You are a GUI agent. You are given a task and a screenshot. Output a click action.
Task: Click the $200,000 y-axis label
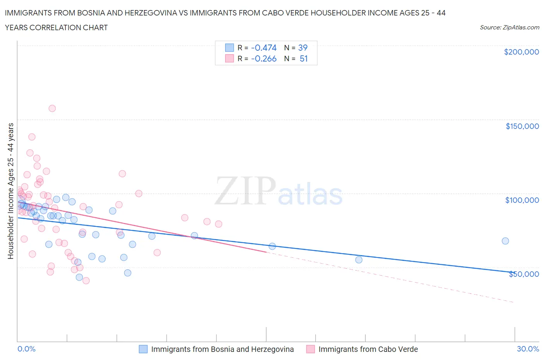click(521, 52)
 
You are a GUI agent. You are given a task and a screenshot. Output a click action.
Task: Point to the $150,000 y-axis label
click(522, 126)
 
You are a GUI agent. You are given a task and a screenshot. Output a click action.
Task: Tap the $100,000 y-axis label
click(522, 200)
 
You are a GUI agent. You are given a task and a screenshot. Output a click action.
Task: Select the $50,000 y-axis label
click(523, 274)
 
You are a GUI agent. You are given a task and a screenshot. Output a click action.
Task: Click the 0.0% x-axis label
click(26, 349)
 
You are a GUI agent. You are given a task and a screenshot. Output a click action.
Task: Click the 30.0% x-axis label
click(528, 349)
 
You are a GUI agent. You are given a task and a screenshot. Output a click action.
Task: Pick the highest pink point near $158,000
click(52, 108)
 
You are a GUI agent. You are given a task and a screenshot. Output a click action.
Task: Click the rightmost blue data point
click(505, 241)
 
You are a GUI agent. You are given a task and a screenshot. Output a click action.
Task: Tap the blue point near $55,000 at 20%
click(359, 260)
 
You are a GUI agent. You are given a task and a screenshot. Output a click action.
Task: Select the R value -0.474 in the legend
click(263, 48)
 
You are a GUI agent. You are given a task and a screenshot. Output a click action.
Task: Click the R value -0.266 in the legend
click(263, 59)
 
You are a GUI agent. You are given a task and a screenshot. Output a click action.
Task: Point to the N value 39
click(303, 48)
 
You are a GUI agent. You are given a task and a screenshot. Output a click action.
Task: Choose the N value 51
click(303, 59)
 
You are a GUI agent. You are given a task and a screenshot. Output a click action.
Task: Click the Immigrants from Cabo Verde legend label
click(368, 349)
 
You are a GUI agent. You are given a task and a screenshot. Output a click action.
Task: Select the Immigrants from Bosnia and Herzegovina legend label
click(222, 349)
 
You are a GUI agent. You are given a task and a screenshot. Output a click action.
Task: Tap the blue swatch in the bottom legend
click(143, 349)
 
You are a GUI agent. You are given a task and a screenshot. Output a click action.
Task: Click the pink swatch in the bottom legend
click(310, 349)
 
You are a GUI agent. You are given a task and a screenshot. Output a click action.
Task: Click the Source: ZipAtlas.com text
click(509, 27)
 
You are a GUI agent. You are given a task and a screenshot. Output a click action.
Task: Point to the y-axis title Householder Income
click(11, 191)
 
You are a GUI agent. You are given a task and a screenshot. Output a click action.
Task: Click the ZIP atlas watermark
click(279, 191)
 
